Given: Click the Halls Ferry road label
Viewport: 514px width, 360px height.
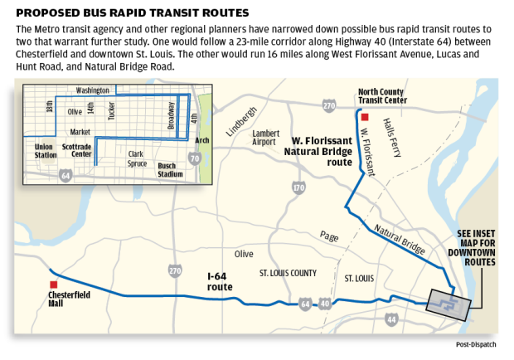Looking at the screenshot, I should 395,134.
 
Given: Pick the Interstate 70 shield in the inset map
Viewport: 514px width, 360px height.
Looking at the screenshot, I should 194,158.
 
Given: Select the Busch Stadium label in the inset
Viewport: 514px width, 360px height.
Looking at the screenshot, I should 170,170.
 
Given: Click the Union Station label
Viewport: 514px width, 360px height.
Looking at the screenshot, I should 45,150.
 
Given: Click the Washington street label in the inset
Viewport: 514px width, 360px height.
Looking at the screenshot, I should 93,90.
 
